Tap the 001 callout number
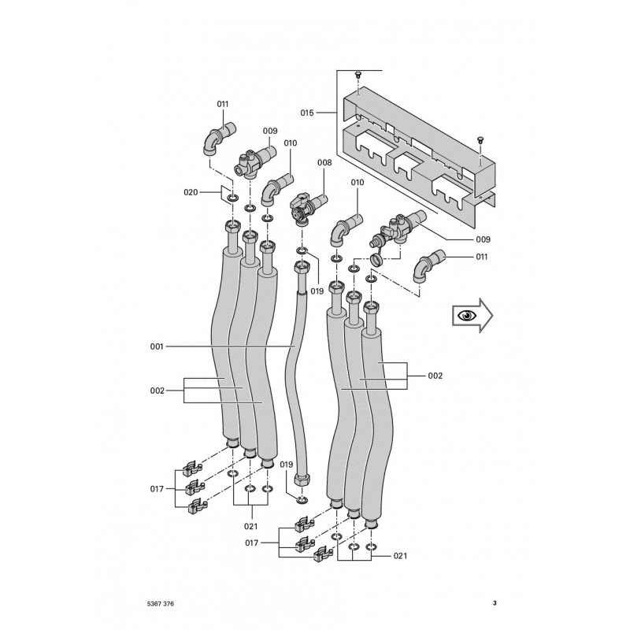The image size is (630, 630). click(157, 346)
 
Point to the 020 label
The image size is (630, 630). click(191, 192)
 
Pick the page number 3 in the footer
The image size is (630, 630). click(494, 604)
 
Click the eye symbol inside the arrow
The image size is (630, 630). click(469, 317)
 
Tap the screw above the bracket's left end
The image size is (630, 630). click(358, 74)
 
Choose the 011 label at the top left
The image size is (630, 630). click(223, 104)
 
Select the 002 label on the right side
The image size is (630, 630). click(435, 376)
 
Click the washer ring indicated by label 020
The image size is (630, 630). click(233, 197)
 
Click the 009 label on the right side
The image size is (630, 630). click(483, 239)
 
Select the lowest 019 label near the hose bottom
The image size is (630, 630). click(286, 465)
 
